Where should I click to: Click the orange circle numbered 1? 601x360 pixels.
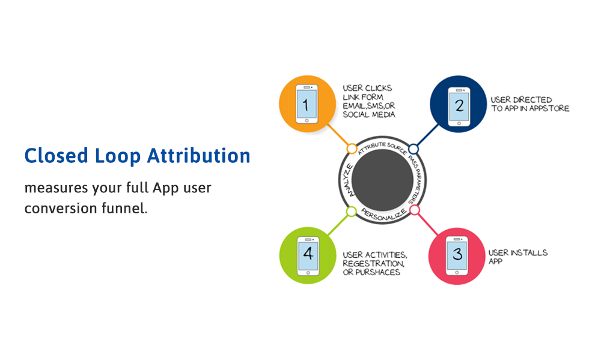coord(307,103)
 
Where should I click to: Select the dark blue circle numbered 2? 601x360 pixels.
coord(458,103)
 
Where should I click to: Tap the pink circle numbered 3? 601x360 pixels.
coord(456,255)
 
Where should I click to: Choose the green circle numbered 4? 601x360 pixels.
coord(307,255)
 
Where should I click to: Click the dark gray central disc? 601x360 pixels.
coord(382,180)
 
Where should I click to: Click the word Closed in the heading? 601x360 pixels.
coord(56,156)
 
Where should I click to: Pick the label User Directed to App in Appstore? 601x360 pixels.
coord(529,104)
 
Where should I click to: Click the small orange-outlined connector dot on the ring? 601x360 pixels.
coord(352,148)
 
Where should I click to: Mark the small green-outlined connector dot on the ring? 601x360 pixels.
coord(352,212)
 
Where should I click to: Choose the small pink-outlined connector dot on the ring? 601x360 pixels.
coord(414,210)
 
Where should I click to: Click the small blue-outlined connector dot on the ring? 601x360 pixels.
coord(413,148)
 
